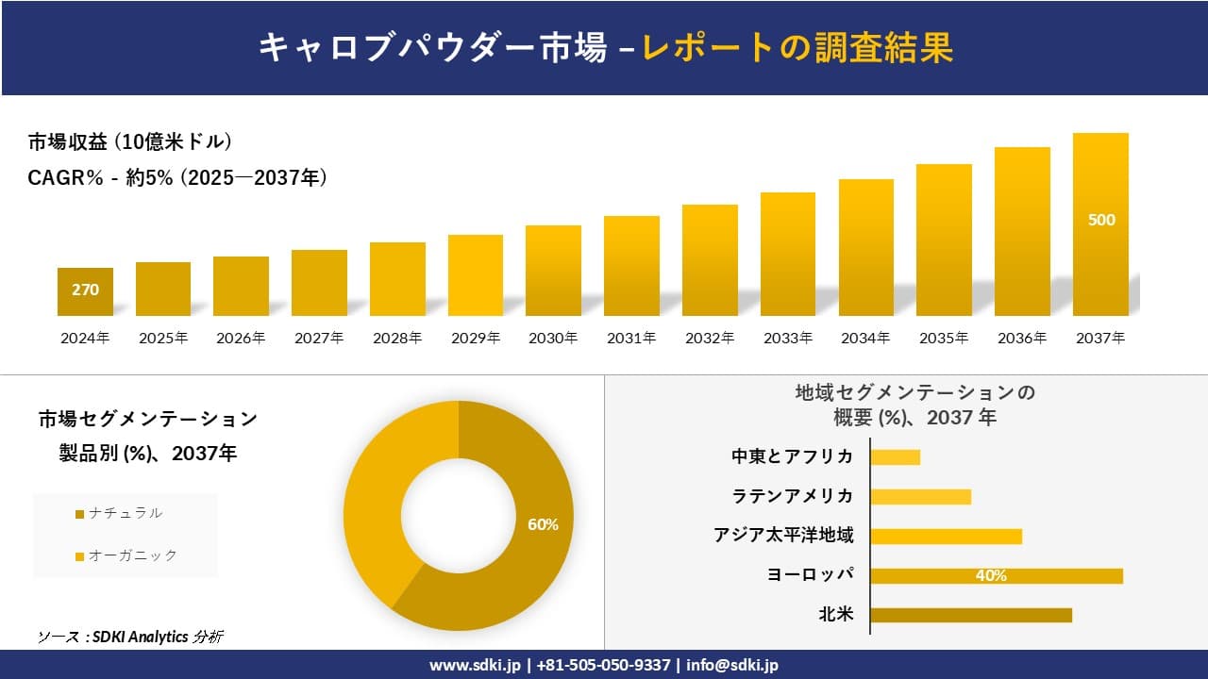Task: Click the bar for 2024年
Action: (85, 291)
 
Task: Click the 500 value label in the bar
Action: (1101, 220)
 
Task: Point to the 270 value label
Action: (85, 290)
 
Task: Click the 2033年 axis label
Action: (787, 338)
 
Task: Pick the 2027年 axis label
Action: (319, 338)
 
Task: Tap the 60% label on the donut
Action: (543, 524)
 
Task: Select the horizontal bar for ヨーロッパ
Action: (996, 575)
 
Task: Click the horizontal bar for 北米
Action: (970, 615)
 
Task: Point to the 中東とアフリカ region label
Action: (793, 456)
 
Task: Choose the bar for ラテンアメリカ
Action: (920, 496)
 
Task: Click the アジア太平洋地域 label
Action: (784, 536)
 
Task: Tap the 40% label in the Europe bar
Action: (991, 575)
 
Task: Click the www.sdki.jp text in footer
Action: (475, 665)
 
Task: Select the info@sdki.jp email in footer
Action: (732, 665)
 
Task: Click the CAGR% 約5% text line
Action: (177, 176)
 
